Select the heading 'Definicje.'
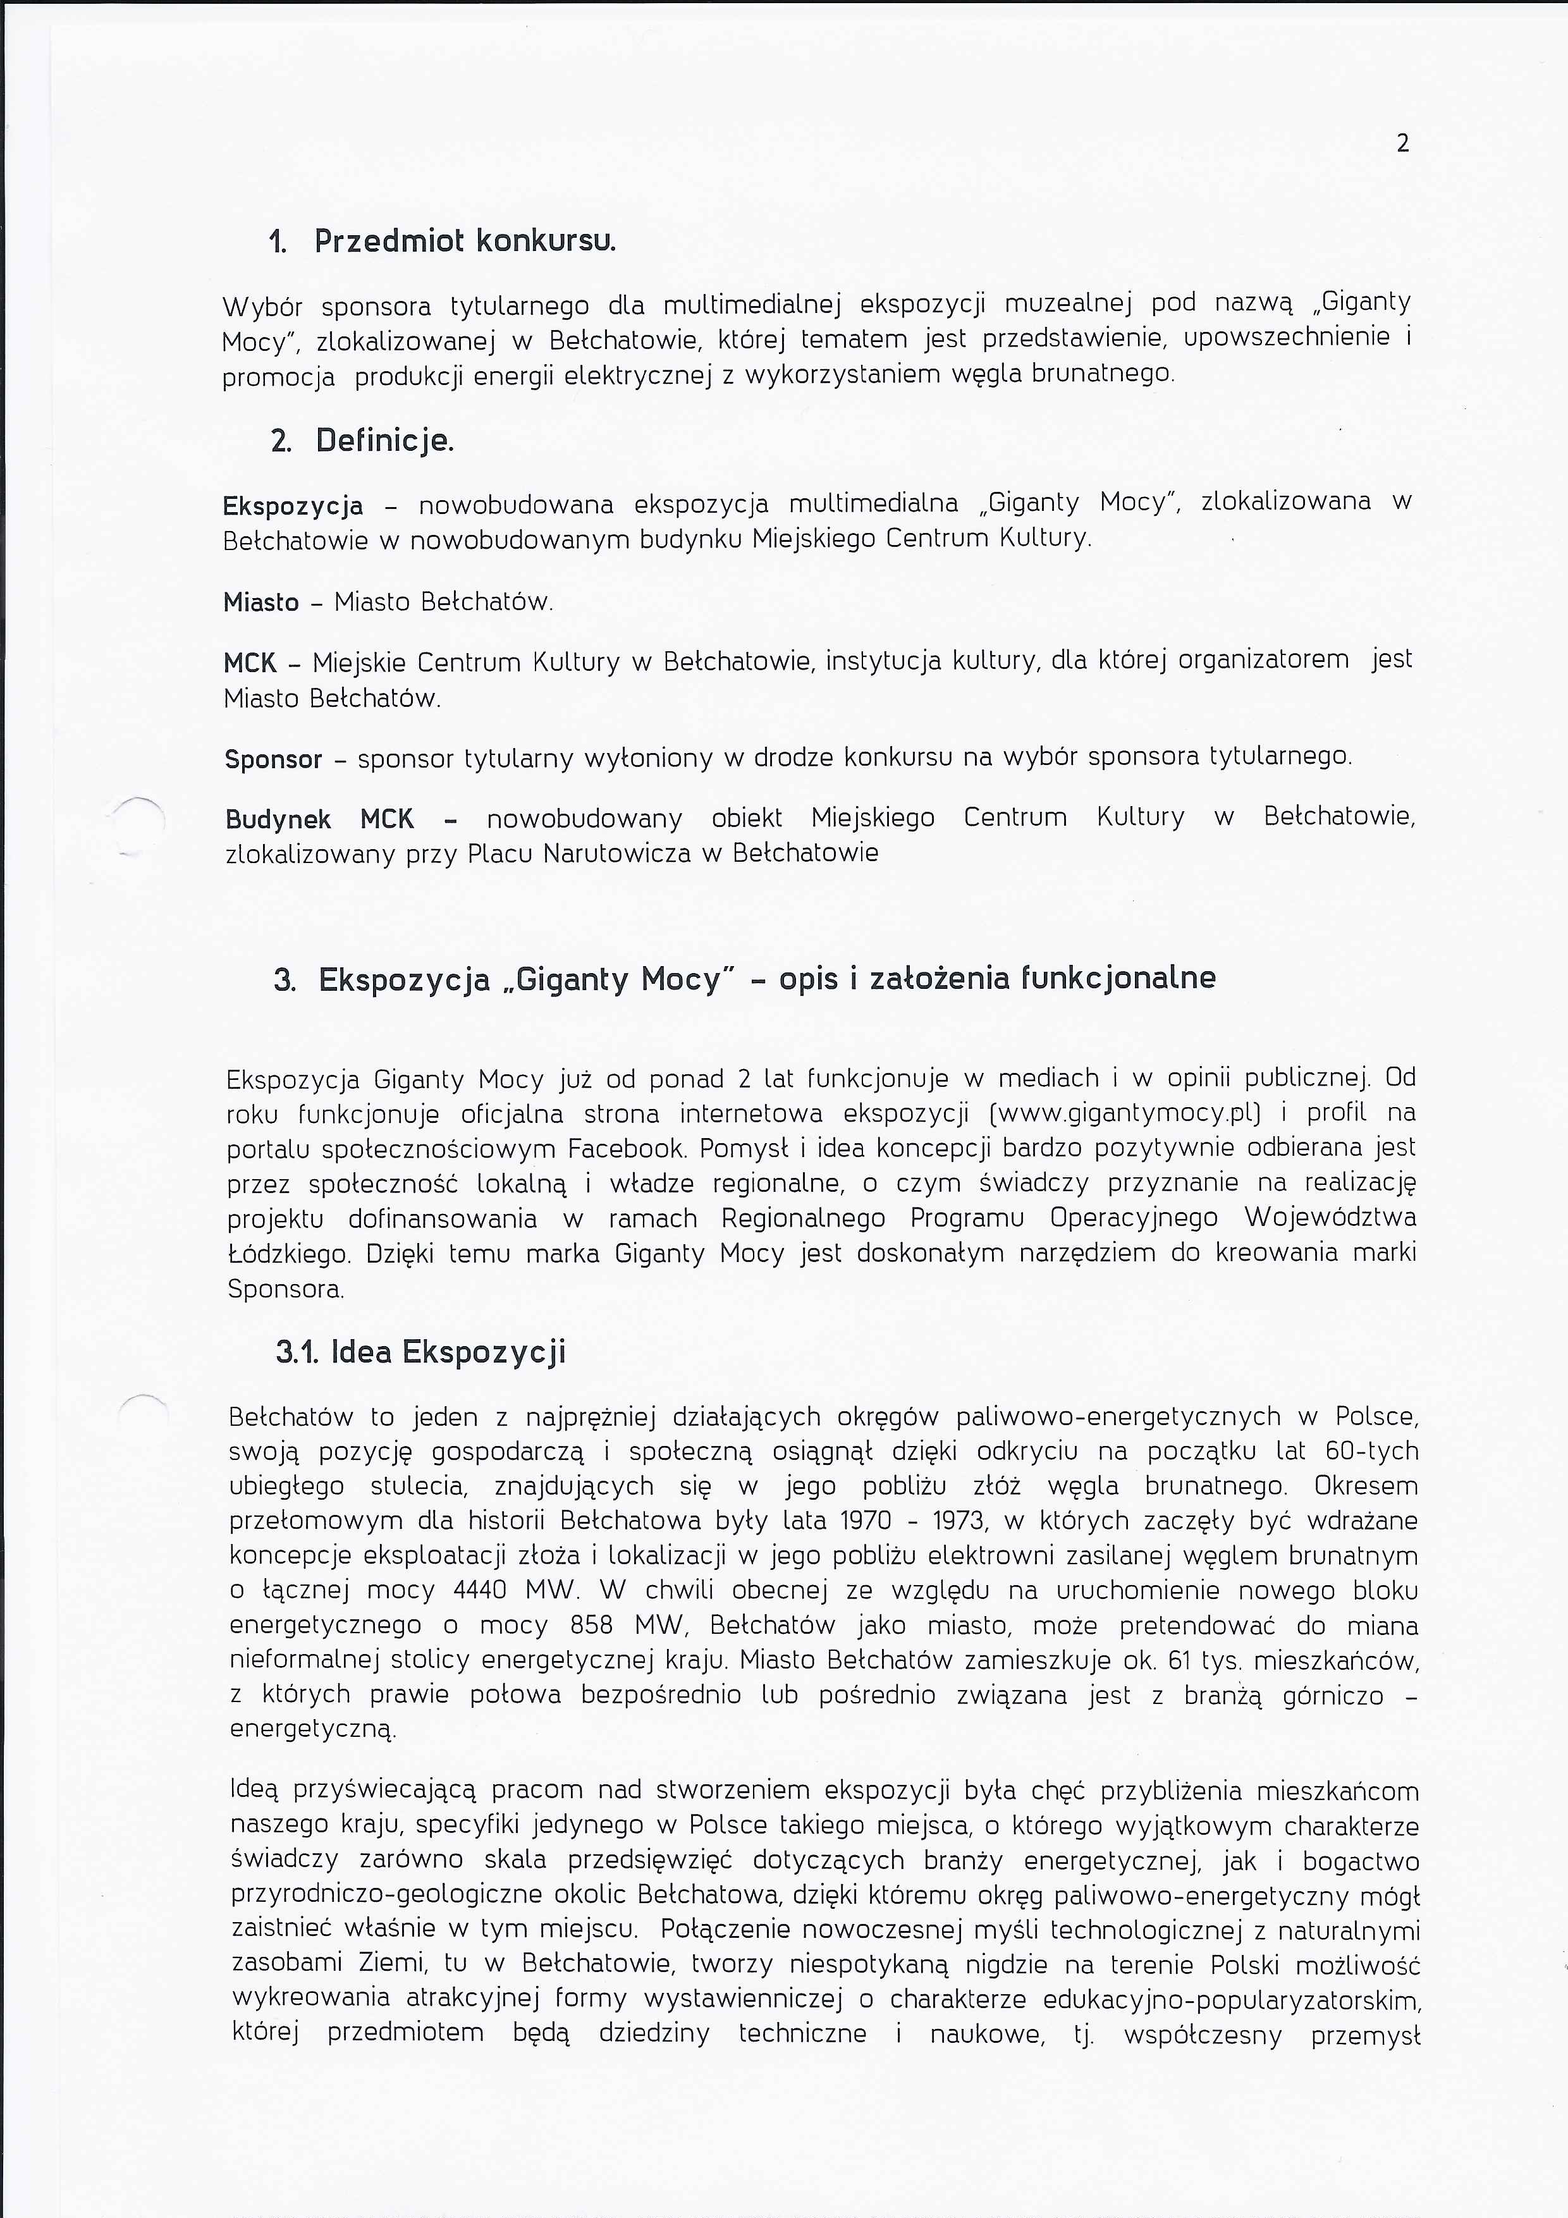[384, 441]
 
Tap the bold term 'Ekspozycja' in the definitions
[293, 506]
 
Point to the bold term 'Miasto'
[261, 603]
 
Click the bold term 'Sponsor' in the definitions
[273, 759]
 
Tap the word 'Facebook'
[627, 1149]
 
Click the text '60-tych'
[1372, 1451]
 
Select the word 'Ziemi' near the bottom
[391, 1963]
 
